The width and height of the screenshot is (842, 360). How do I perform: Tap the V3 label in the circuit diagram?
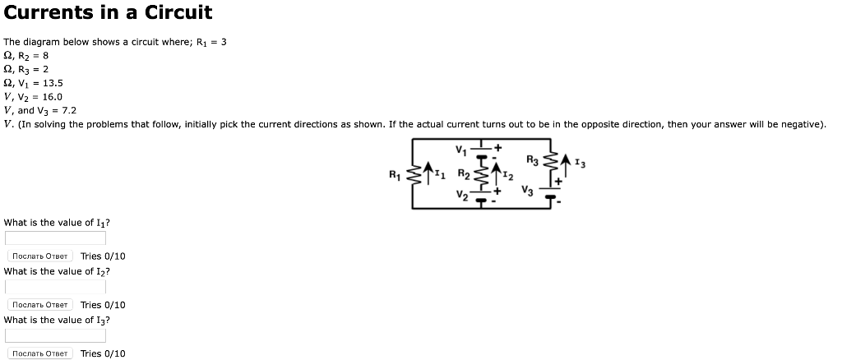[x=527, y=192]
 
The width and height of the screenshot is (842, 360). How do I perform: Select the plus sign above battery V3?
[x=557, y=178]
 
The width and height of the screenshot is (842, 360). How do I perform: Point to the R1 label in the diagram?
[x=395, y=174]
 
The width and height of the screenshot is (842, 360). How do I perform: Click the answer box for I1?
[x=55, y=238]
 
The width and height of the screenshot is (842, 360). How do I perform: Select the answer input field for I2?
[x=55, y=287]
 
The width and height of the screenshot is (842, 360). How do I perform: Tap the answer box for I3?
[x=55, y=335]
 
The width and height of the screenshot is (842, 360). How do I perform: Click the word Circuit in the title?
[x=177, y=12]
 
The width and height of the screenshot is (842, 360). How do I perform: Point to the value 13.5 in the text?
[x=52, y=83]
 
